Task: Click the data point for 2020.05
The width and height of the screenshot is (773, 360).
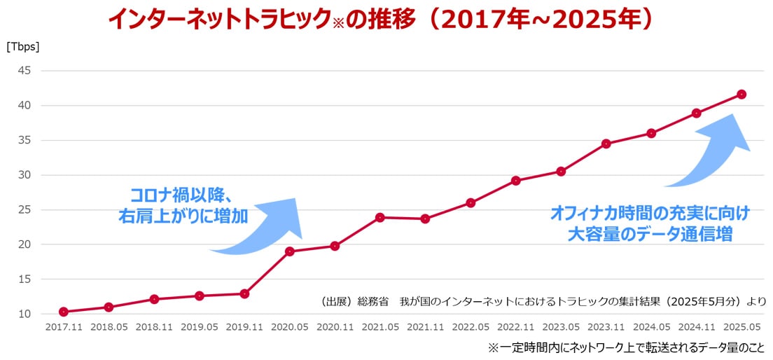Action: click(290, 251)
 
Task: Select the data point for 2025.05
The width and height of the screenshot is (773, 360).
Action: click(741, 95)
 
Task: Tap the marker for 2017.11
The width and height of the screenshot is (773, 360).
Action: click(64, 312)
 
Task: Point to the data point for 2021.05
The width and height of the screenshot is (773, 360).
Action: click(380, 217)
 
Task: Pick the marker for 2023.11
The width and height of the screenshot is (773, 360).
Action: click(606, 144)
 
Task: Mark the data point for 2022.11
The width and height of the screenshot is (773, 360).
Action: click(516, 181)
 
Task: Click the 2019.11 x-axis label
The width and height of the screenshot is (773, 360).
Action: click(244, 327)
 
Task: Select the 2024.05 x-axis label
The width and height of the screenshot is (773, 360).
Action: click(651, 327)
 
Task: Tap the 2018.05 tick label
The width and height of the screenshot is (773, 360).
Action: click(109, 327)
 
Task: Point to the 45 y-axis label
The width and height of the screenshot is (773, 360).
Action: click(25, 71)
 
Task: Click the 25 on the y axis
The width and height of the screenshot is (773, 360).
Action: click(25, 209)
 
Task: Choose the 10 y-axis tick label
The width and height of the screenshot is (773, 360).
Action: click(25, 314)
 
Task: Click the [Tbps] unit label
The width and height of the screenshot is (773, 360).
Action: click(23, 48)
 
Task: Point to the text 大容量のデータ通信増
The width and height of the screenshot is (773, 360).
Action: click(650, 234)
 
